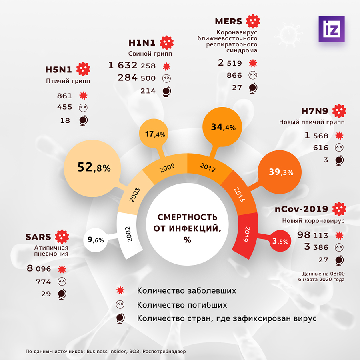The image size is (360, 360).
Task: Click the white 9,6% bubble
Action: click(96, 240)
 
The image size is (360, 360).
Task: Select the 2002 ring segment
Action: click(129, 236)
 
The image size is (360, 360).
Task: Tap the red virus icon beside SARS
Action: click(61, 237)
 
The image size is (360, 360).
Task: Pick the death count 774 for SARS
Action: click(44, 282)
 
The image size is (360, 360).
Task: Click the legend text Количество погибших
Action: click(182, 305)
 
